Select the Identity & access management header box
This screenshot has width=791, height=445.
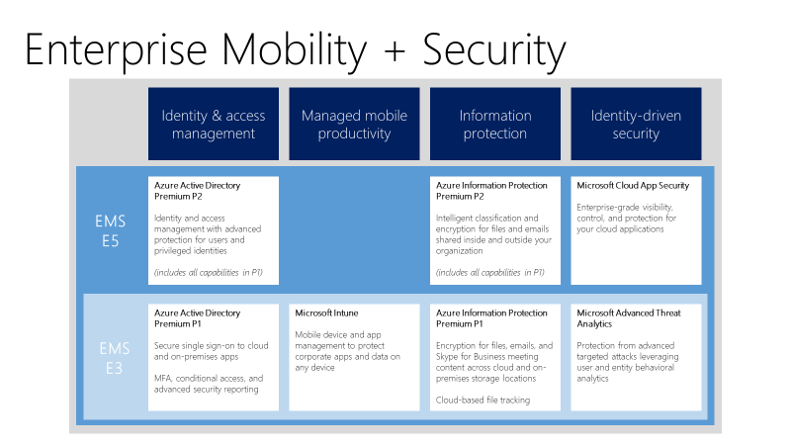(214, 124)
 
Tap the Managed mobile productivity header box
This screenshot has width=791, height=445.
(354, 124)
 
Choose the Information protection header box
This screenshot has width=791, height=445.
(494, 124)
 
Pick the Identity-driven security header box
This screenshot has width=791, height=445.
(636, 124)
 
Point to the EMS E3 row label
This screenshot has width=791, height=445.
(114, 357)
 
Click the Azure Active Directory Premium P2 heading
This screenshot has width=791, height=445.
(197, 190)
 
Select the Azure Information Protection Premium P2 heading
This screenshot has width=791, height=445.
(491, 190)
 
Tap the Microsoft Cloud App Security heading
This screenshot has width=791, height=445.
(633, 185)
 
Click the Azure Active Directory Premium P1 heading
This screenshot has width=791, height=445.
(197, 318)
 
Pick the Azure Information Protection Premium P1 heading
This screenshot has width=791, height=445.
(491, 318)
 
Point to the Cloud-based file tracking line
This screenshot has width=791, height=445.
(482, 400)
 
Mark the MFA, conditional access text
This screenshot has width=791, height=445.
(208, 384)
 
